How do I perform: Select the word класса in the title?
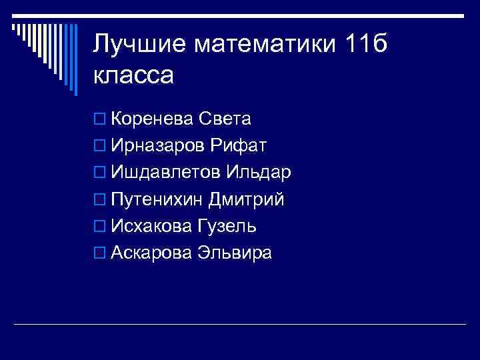click(x=133, y=75)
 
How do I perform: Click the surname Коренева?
click(x=153, y=119)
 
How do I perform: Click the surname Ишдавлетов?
click(x=167, y=173)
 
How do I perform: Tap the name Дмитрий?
click(x=246, y=199)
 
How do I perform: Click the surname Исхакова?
click(x=152, y=226)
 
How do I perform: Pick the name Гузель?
click(x=227, y=226)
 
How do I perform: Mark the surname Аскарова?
click(x=152, y=253)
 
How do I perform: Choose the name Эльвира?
click(x=234, y=253)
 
